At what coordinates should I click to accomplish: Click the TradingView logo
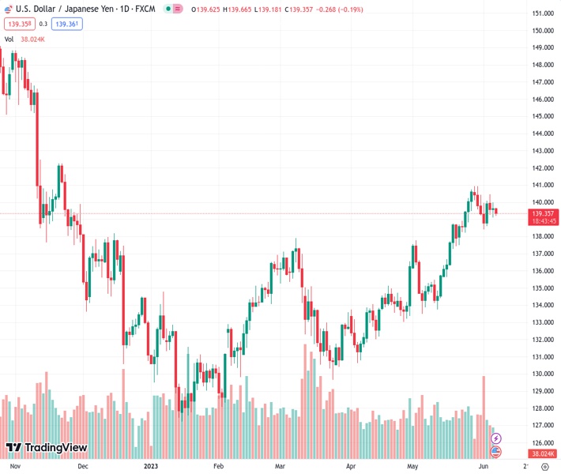[46, 448]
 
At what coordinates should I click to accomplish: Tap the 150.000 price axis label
[542, 31]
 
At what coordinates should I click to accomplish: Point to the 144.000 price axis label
[542, 134]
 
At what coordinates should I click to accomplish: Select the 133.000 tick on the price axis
[542, 322]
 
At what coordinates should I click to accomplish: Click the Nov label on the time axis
[13, 467]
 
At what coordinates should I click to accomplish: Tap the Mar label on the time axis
[280, 467]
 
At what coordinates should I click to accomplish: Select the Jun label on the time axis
[481, 467]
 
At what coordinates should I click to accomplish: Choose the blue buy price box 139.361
[68, 24]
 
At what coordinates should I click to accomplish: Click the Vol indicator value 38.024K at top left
[33, 39]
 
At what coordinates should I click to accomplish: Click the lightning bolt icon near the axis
[496, 438]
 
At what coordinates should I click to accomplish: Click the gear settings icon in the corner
[544, 467]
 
